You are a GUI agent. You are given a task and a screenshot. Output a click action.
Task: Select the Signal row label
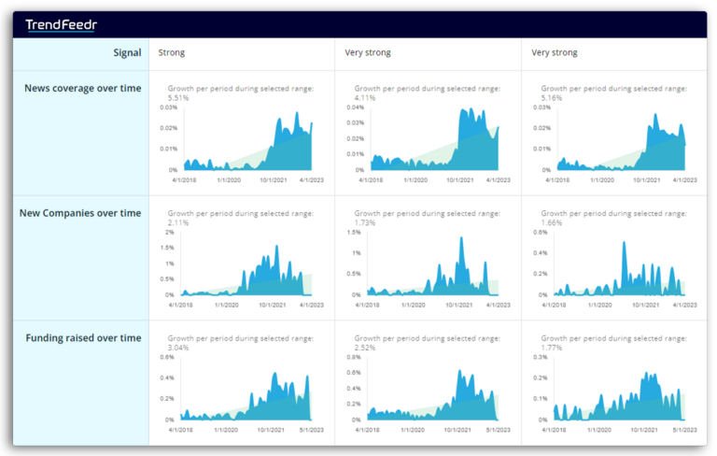[x=127, y=53]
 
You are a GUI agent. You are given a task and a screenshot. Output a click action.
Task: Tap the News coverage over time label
[x=83, y=88]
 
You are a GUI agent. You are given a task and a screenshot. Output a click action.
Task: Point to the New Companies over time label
[x=80, y=213]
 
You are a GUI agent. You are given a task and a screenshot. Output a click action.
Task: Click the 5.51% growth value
[x=178, y=97]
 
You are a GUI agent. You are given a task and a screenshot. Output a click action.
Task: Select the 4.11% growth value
[x=365, y=97]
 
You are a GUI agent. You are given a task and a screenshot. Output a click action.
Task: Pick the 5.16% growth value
[x=552, y=97]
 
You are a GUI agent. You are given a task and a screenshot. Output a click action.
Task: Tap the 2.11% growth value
[x=178, y=222]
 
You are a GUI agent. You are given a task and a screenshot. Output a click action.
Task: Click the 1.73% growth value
[x=365, y=222]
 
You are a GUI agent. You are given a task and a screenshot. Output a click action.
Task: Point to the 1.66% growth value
[x=552, y=222]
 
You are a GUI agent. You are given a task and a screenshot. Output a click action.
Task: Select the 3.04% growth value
[x=178, y=347]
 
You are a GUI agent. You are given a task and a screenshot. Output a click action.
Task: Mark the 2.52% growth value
[x=365, y=347]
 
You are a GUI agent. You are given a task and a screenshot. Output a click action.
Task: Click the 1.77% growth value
[x=552, y=347]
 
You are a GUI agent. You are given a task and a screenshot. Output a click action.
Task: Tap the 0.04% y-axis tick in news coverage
[x=355, y=107]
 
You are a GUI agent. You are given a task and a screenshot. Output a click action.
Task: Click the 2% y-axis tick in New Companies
[x=169, y=232]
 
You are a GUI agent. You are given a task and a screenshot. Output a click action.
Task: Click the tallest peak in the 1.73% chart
[x=461, y=239]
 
